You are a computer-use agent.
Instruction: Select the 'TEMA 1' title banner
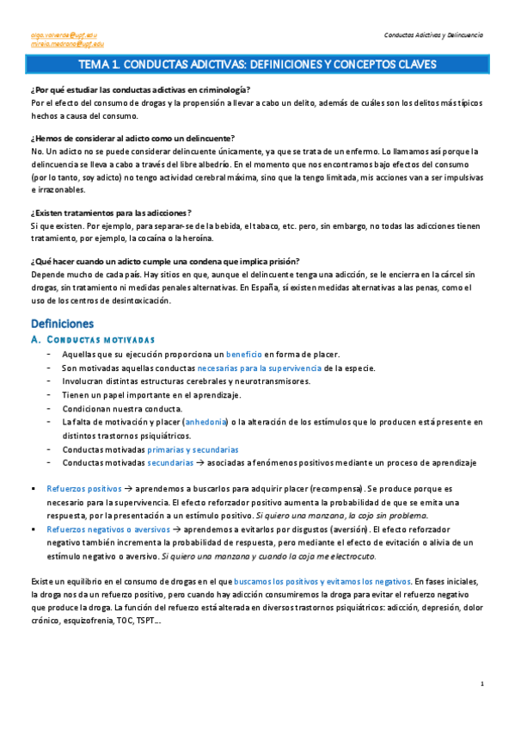[257, 65]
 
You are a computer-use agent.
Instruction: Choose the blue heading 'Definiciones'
[62, 325]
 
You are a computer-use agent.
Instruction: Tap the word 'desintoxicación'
[139, 300]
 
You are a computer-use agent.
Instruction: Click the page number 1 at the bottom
[483, 684]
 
